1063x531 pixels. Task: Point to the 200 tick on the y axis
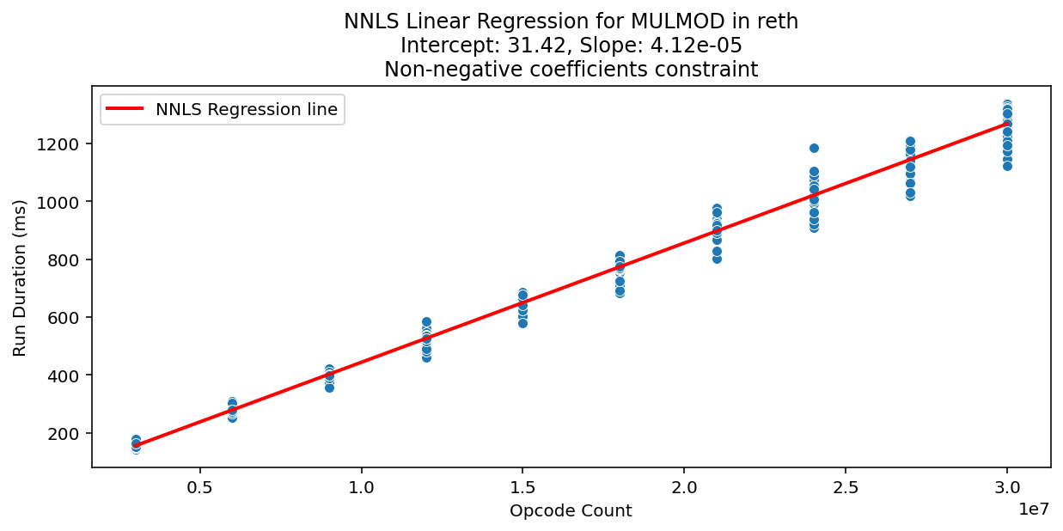(69, 434)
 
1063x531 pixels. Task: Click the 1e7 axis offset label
(1033, 510)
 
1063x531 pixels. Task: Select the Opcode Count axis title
(571, 511)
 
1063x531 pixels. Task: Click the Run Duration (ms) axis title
(20, 278)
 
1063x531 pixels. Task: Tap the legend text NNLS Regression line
(247, 109)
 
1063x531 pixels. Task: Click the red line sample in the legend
(125, 109)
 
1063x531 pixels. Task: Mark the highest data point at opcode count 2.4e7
(814, 148)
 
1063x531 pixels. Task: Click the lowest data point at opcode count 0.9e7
(329, 388)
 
